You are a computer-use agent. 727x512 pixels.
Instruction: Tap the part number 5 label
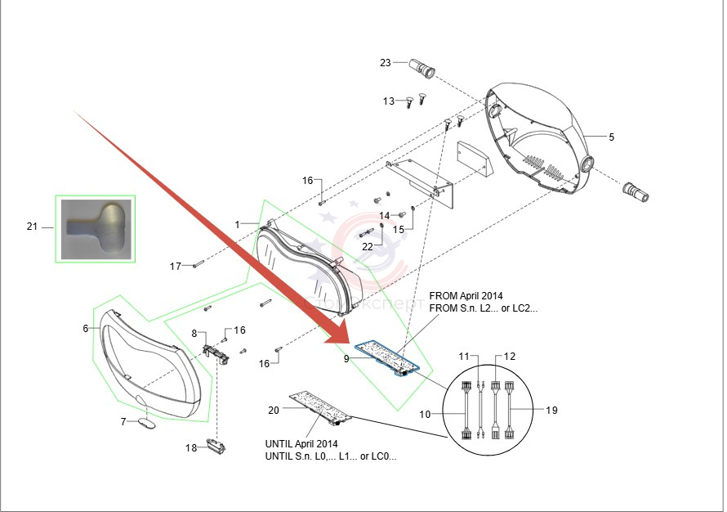611,136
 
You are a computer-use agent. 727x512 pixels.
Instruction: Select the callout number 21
32,227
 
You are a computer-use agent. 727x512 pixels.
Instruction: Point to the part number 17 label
176,267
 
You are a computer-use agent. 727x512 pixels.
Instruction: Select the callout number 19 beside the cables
551,410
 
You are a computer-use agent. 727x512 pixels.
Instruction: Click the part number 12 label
510,357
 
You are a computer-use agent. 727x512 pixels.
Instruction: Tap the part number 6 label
85,329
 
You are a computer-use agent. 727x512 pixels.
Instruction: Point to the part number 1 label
238,224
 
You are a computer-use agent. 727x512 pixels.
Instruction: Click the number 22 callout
368,247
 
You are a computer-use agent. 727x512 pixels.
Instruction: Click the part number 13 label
389,101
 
